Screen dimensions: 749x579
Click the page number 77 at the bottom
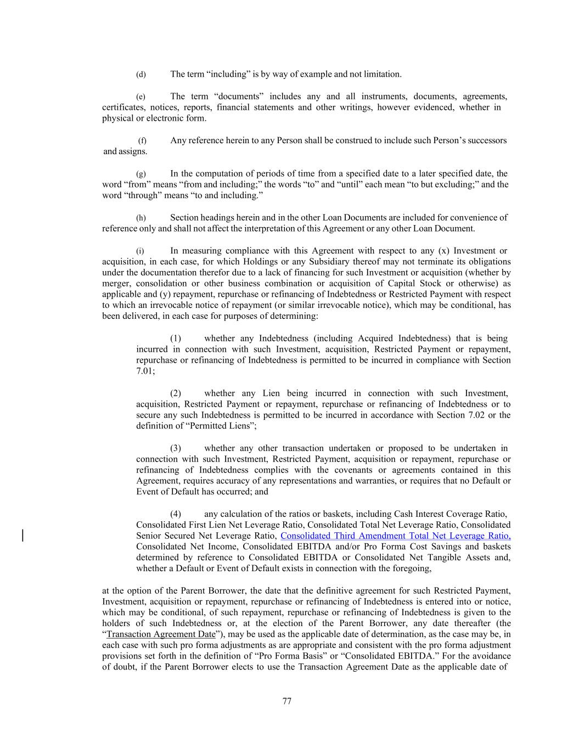(x=286, y=701)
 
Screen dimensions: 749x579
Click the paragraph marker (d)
(x=141, y=75)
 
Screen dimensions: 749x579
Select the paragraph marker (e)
(x=141, y=97)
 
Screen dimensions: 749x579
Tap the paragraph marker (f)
(x=142, y=141)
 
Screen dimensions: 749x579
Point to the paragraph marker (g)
(x=141, y=174)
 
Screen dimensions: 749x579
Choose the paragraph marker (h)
(x=141, y=218)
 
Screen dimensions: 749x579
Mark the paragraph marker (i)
(x=140, y=251)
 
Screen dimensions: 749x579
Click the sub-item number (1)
(x=176, y=339)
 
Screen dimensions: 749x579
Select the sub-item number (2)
(x=176, y=393)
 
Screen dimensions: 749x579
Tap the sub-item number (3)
(x=176, y=448)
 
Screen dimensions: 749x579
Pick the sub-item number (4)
(x=176, y=514)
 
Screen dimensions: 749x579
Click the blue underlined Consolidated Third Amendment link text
(x=395, y=536)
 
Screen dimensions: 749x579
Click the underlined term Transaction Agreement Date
(x=161, y=634)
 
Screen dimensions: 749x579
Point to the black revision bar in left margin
(x=23, y=535)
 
